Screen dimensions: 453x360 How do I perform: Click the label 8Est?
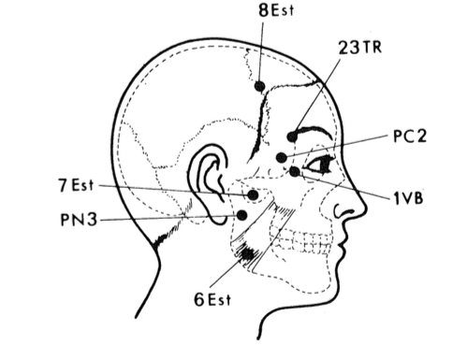tap(276, 10)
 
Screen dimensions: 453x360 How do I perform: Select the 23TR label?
tap(360, 48)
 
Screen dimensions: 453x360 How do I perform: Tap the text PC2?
tap(410, 136)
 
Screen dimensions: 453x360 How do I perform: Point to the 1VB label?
tap(408, 198)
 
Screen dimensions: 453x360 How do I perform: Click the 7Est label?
tap(76, 185)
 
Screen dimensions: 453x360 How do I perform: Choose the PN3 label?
tap(79, 219)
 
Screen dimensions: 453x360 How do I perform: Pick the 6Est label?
tap(212, 299)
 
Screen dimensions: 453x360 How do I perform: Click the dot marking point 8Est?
tap(260, 86)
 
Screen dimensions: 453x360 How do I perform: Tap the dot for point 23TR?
tap(292, 137)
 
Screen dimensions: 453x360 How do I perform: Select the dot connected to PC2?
tap(282, 157)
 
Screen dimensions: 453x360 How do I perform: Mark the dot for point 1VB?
tap(295, 171)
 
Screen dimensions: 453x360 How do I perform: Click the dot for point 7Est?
tap(253, 195)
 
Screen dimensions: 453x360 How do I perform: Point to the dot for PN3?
tap(242, 215)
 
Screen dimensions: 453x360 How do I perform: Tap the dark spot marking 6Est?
tap(248, 254)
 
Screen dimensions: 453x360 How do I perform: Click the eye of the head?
tap(320, 165)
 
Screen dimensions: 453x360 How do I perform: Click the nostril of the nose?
tap(343, 210)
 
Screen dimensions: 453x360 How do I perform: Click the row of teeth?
tap(301, 241)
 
